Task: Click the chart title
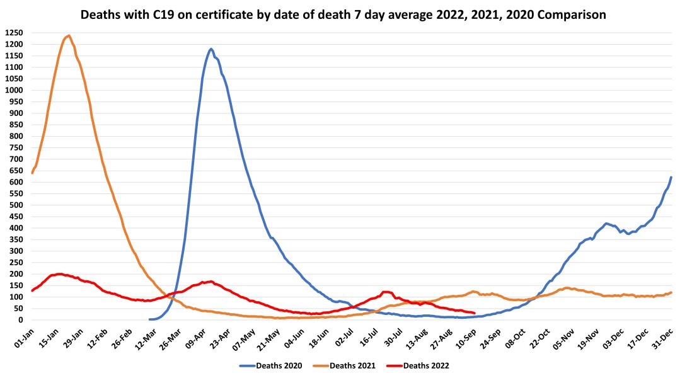pos(343,14)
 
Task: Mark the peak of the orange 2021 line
pos(69,36)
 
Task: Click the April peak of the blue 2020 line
pos(211,49)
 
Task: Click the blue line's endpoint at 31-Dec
pos(671,177)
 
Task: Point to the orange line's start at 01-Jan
pos(32,172)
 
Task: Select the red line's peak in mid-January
pos(59,274)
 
